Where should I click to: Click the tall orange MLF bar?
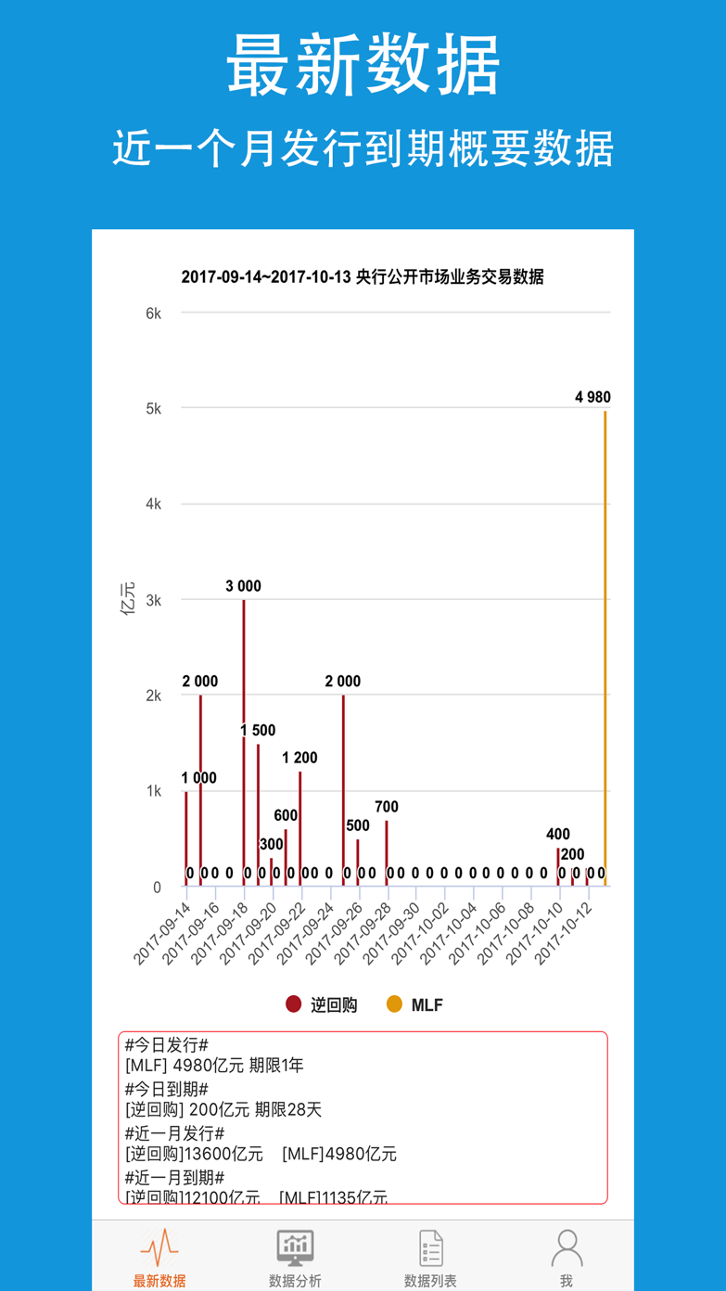click(x=605, y=649)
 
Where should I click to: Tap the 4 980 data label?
click(x=592, y=397)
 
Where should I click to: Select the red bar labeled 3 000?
click(x=244, y=742)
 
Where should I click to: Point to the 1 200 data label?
click(x=299, y=758)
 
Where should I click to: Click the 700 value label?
click(x=387, y=807)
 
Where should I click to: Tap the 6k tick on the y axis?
click(x=153, y=313)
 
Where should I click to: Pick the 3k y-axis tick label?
click(x=153, y=600)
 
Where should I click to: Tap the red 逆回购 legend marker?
click(x=294, y=1004)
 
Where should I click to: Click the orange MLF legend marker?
click(x=394, y=1004)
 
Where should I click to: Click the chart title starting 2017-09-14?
click(x=363, y=276)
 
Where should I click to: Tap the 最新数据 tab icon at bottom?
click(x=159, y=1247)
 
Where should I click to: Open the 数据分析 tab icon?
click(x=295, y=1247)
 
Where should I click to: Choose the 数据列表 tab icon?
click(x=430, y=1247)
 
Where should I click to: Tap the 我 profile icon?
click(x=567, y=1247)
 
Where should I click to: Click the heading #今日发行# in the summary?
click(x=167, y=1045)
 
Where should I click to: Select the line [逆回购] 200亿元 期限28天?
click(x=223, y=1110)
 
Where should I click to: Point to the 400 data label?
click(x=558, y=835)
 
